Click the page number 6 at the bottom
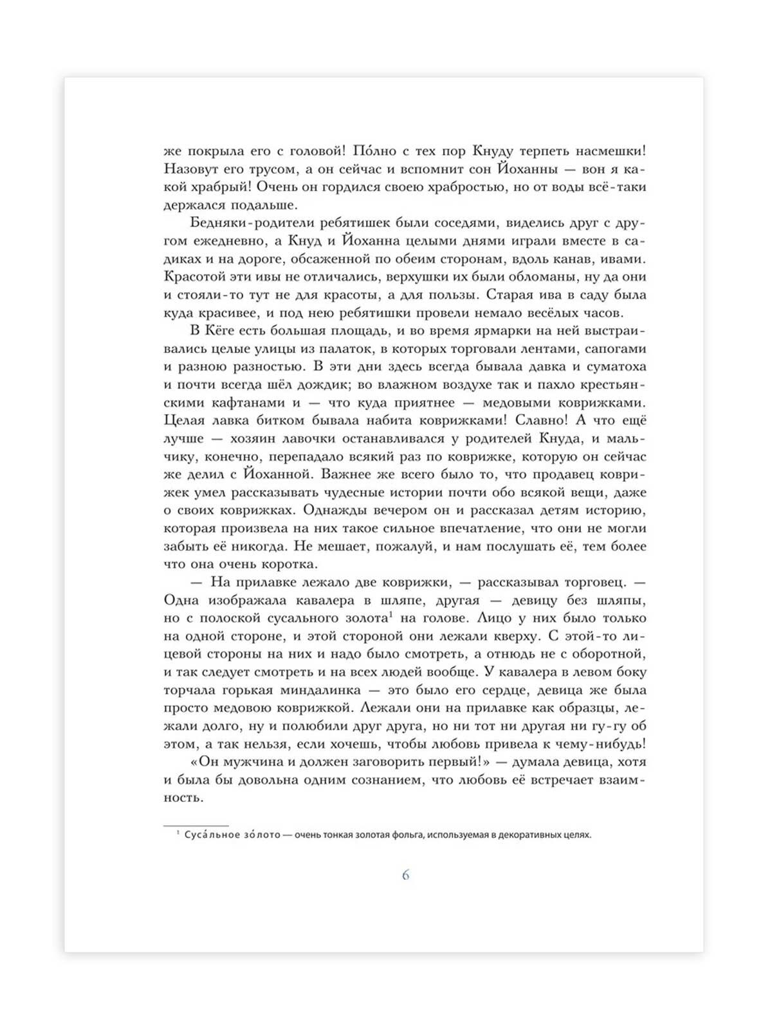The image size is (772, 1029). point(405,875)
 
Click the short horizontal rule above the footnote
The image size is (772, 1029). point(196,825)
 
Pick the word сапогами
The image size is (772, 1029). point(614,349)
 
